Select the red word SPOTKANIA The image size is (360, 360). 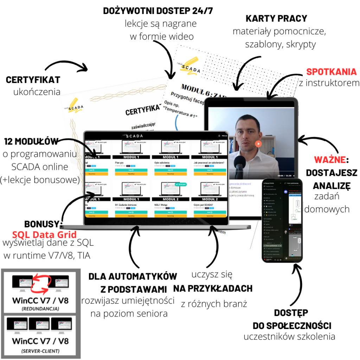[331, 72]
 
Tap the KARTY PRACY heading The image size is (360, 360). [276, 18]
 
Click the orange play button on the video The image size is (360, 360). [258, 144]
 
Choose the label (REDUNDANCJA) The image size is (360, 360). [40, 309]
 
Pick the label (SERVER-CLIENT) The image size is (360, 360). [40, 351]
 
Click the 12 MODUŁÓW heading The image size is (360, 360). [31, 141]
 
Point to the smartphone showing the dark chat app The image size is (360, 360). [282, 220]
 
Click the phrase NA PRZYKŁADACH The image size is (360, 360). [213, 288]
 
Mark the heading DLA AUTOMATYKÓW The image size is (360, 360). [133, 276]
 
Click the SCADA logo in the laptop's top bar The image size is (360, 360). [156, 135]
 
